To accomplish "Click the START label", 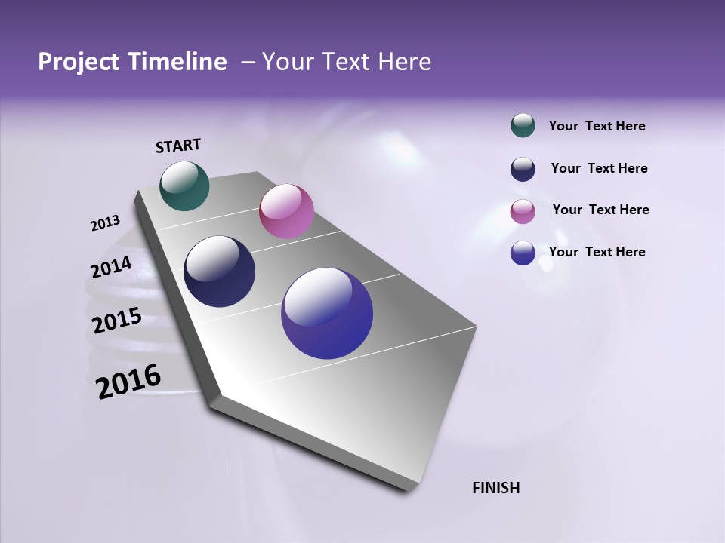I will tap(178, 146).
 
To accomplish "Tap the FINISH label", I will tap(495, 488).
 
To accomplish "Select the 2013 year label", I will tap(105, 223).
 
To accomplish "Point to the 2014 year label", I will tap(111, 268).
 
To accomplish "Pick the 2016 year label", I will tap(128, 382).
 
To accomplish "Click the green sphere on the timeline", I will tap(184, 186).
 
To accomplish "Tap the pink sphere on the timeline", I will tap(286, 211).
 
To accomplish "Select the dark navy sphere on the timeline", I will tap(219, 271).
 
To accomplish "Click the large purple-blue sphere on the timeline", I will tap(327, 313).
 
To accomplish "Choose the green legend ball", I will tap(523, 126).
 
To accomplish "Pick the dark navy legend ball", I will tap(523, 169).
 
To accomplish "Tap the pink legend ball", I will tap(523, 211).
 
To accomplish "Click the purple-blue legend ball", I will tap(523, 253).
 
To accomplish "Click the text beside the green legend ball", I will tap(597, 126).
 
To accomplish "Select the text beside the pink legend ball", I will tap(600, 210).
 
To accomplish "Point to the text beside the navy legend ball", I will tap(599, 168).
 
